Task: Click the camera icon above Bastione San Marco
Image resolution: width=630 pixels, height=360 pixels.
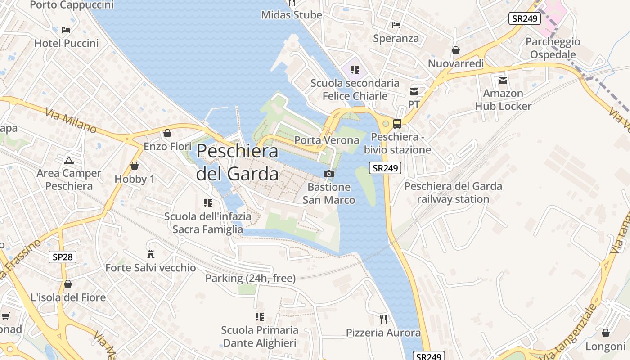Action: click(329, 174)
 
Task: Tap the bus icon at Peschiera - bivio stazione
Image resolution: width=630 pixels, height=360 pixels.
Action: click(397, 124)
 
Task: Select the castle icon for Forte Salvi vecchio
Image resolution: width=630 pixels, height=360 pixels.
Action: click(151, 254)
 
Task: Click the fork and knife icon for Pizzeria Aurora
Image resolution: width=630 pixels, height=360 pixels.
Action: click(383, 319)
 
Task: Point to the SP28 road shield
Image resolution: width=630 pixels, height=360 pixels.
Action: click(63, 257)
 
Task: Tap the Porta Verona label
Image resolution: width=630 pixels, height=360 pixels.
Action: click(327, 140)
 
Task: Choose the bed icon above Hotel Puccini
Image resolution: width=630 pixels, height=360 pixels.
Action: click(66, 30)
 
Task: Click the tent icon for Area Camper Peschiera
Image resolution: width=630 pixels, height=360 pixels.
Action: click(68, 160)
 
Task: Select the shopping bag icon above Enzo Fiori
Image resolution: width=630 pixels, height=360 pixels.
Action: click(167, 133)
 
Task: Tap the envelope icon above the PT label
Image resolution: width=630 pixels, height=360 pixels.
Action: click(414, 92)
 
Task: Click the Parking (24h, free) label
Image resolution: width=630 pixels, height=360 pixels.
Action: click(250, 279)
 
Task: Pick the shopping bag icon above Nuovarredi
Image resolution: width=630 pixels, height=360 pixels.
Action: click(456, 50)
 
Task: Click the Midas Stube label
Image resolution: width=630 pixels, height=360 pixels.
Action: click(292, 15)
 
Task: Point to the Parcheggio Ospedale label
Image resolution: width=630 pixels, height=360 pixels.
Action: click(553, 48)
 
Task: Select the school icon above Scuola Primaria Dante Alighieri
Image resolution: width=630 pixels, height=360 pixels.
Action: click(260, 317)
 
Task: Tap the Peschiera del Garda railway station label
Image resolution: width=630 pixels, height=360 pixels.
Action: click(453, 193)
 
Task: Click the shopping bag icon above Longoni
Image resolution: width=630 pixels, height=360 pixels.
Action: click(606, 333)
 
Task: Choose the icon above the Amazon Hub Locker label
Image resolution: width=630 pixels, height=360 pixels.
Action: click(503, 81)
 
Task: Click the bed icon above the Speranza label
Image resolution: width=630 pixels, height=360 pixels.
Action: click(396, 25)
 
